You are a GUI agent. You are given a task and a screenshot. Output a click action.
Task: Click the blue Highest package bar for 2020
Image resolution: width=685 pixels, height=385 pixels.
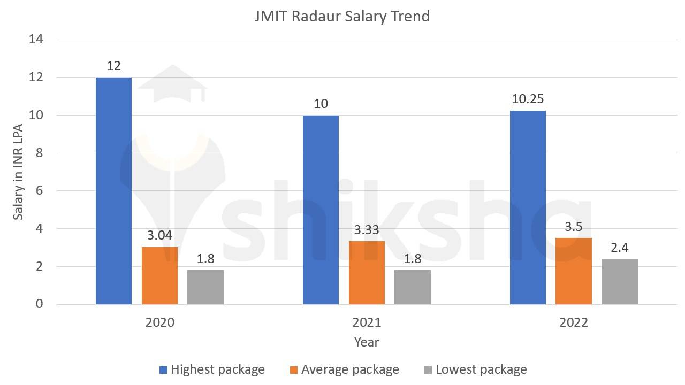(113, 191)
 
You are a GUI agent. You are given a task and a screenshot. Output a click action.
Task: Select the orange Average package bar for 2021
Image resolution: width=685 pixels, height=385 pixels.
(367, 273)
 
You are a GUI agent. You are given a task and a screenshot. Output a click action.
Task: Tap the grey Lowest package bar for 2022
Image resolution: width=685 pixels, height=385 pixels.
(619, 282)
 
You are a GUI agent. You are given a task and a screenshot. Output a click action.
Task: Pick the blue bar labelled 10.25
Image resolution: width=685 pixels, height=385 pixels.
(528, 207)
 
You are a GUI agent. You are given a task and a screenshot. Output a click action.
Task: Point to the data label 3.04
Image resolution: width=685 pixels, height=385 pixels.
(160, 235)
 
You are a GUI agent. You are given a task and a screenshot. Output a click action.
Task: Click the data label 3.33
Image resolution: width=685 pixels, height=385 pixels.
(367, 230)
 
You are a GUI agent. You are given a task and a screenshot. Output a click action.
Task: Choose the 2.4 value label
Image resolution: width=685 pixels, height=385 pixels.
(619, 247)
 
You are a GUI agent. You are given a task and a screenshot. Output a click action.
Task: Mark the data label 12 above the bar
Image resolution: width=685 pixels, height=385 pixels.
(113, 66)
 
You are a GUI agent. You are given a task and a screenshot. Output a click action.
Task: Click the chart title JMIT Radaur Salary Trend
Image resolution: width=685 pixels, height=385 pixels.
(342, 16)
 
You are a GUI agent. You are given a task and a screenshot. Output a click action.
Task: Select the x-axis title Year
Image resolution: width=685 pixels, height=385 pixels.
(367, 342)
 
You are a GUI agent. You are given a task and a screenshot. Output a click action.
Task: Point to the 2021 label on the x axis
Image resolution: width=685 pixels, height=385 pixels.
(367, 322)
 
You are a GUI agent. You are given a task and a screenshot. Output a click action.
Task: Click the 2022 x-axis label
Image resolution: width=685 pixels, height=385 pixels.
(574, 322)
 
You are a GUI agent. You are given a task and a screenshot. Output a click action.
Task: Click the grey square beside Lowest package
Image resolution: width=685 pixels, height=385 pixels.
(428, 370)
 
